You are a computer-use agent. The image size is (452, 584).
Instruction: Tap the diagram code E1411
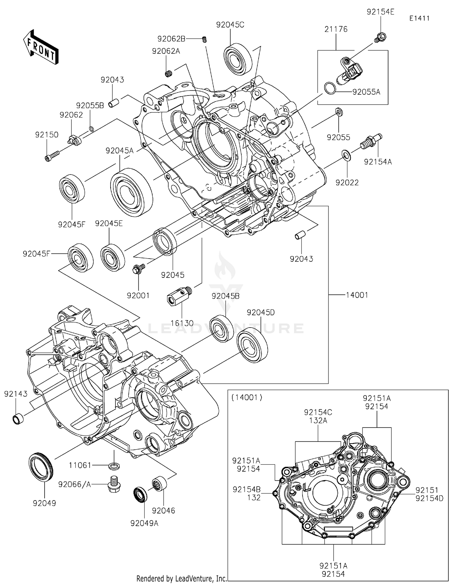pyautogui.click(x=419, y=18)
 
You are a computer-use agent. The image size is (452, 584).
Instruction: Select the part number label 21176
pyautogui.click(x=336, y=29)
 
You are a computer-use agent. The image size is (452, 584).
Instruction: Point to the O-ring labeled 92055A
pyautogui.click(x=330, y=88)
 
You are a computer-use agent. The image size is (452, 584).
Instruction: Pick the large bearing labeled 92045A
pyautogui.click(x=131, y=192)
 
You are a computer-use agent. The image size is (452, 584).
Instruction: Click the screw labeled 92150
pyautogui.click(x=52, y=156)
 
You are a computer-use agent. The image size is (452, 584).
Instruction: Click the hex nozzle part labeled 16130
pyautogui.click(x=179, y=296)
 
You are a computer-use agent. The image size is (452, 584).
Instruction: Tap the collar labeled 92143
pyautogui.click(x=18, y=419)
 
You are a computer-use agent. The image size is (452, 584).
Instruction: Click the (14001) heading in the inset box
pyautogui.click(x=246, y=397)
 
